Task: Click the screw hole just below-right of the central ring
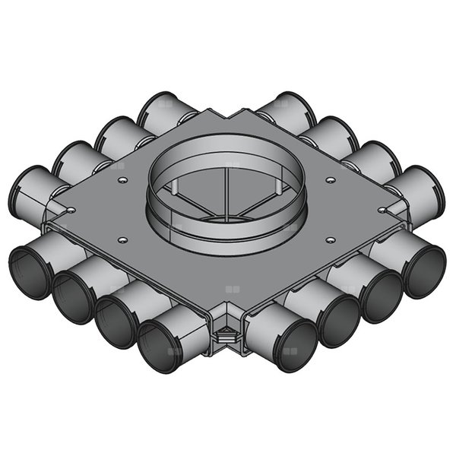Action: pos(329,240)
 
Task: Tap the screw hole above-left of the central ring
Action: pos(122,180)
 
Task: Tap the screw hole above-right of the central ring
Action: pos(330,180)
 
